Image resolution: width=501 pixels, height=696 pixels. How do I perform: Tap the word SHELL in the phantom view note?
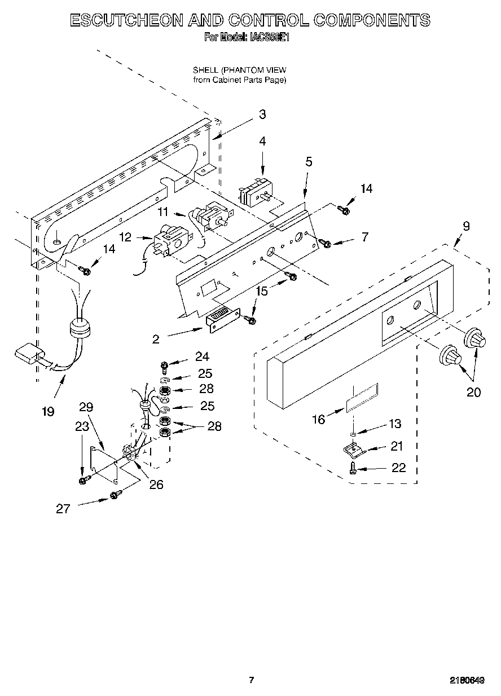pyautogui.click(x=205, y=71)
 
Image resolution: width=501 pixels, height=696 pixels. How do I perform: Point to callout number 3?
pyautogui.click(x=262, y=114)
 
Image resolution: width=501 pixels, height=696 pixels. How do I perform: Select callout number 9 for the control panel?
pyautogui.click(x=466, y=227)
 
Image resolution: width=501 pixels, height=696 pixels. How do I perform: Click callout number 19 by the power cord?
pyautogui.click(x=48, y=411)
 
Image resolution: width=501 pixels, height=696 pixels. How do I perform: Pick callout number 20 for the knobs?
pyautogui.click(x=473, y=391)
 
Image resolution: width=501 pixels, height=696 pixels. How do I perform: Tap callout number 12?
pyautogui.click(x=125, y=237)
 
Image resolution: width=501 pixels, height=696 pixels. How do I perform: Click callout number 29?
pyautogui.click(x=86, y=407)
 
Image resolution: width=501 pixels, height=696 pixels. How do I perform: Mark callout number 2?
pyautogui.click(x=156, y=339)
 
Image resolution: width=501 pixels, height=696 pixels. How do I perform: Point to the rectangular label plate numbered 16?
pyautogui.click(x=361, y=398)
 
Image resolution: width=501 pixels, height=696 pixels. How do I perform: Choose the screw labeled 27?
pyautogui.click(x=115, y=495)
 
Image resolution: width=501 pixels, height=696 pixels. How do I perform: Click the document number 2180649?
pyautogui.click(x=468, y=680)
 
